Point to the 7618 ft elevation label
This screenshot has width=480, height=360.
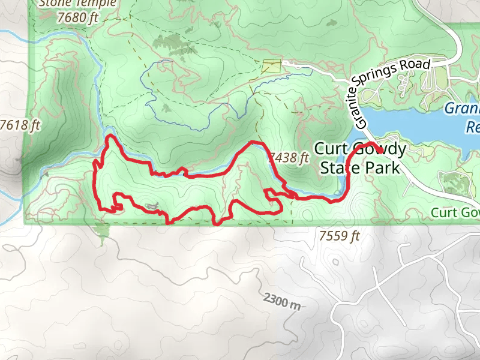tap(20, 125)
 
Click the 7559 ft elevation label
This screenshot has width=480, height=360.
tap(340, 236)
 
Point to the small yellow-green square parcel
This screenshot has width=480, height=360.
tap(271, 66)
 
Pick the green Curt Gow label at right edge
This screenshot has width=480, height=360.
tap(455, 213)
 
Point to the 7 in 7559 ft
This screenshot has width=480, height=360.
tap(323, 236)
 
